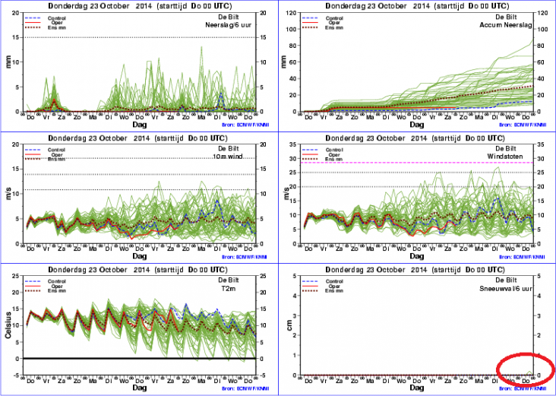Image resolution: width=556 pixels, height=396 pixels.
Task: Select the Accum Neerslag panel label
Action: (506, 25)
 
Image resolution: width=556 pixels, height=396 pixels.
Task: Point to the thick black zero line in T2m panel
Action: (137, 358)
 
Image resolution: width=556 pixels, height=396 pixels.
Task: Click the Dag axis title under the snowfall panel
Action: (416, 388)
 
